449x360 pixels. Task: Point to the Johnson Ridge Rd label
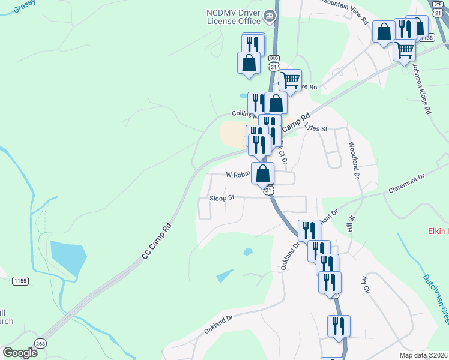click(420, 90)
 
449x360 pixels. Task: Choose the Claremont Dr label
click(406, 184)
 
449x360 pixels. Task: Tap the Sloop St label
click(221, 197)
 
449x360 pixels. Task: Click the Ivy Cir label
click(364, 285)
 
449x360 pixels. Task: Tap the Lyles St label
click(316, 128)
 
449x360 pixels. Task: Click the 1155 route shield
click(20, 280)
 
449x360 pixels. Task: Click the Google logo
click(20, 352)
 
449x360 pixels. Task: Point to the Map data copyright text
click(424, 355)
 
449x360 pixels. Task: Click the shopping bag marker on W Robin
click(262, 174)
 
